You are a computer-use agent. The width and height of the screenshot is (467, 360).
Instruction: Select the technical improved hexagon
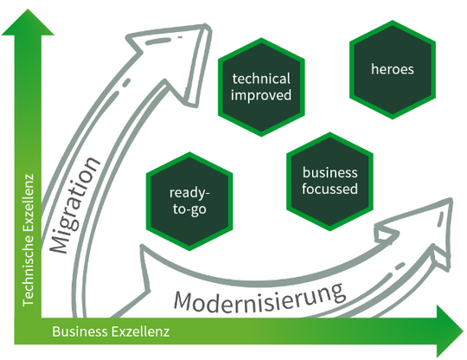pos(262,87)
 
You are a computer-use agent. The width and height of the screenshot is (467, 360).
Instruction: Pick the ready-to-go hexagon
pos(188,199)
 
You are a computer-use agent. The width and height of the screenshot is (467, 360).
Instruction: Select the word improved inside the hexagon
pos(262,95)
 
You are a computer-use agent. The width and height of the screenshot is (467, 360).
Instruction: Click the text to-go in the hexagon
pos(188,208)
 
